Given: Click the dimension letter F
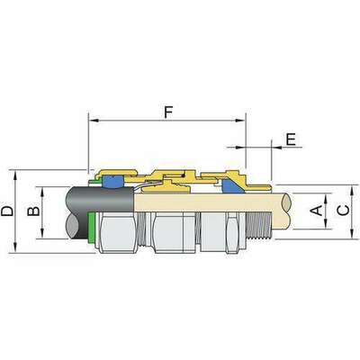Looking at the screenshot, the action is point(168,112).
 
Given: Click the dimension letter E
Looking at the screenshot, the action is point(291,139).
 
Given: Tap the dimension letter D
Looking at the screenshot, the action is point(7,211).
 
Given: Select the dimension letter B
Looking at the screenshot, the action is point(33,211).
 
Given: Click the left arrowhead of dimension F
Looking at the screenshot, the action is point(94,121).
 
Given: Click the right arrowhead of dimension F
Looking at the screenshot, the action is point(240,121).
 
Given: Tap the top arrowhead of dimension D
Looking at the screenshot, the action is point(15,175).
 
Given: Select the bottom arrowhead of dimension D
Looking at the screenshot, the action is point(15,247).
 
